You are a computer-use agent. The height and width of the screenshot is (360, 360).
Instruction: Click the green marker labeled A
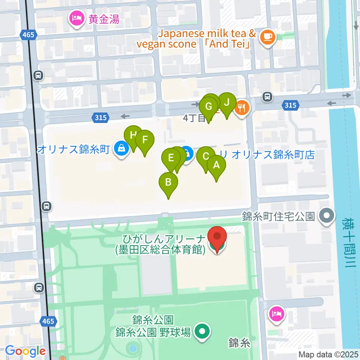tap(216, 165)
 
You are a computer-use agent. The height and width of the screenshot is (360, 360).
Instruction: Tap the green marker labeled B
tap(168, 183)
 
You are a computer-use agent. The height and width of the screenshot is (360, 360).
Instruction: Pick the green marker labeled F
tap(145, 140)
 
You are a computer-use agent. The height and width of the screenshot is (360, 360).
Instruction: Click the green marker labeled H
tap(133, 135)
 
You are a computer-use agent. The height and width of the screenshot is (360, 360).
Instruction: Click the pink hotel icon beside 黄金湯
tap(77, 18)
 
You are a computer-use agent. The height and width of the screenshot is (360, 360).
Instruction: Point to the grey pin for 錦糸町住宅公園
tap(326, 216)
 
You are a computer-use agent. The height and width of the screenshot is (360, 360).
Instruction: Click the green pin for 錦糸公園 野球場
tap(203, 331)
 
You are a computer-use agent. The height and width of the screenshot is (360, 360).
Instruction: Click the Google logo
tap(25, 351)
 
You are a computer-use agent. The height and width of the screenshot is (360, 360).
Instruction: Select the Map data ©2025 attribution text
tap(328, 354)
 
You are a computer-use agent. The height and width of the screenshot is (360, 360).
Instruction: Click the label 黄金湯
tap(104, 19)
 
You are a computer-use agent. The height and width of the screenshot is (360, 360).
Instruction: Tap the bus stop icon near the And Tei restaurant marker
tap(267, 97)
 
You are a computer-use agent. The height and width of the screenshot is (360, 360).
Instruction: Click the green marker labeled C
tap(205, 156)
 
